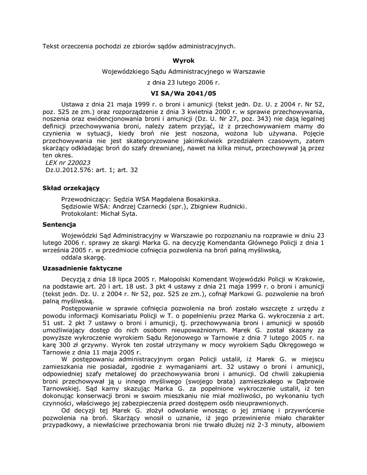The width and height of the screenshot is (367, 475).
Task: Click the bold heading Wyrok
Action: (x=183, y=61)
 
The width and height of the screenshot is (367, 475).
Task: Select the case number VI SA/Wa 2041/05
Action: (x=183, y=93)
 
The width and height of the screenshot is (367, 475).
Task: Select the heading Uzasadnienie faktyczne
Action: (x=82, y=268)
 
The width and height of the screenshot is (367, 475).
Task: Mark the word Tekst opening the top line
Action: (x=52, y=45)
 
